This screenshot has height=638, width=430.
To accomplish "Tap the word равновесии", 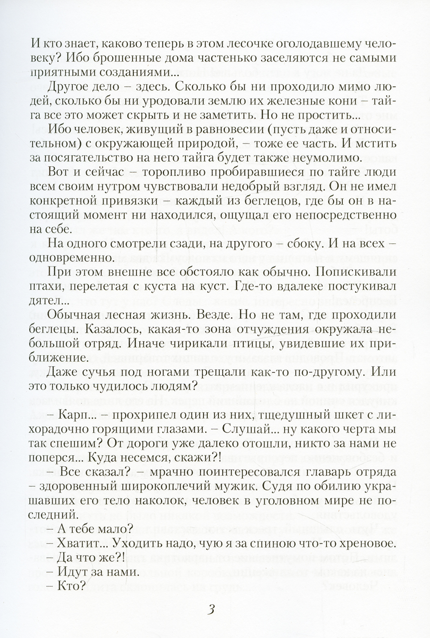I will pos(213,130).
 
